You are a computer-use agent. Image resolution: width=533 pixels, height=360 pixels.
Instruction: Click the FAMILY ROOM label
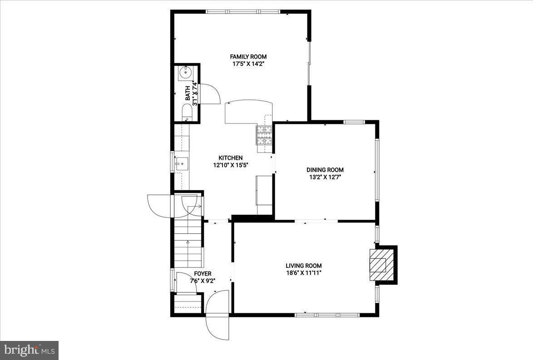tap(248, 57)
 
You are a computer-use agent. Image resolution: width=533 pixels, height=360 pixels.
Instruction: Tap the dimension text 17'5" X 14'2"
tap(248, 64)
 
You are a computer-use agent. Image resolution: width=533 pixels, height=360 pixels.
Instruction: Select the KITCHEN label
tap(231, 158)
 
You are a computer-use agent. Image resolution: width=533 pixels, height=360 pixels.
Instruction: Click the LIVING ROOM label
tap(303, 266)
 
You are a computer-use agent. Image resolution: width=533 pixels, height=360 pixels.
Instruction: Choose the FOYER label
tap(202, 273)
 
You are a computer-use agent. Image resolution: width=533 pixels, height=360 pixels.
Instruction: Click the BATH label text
tap(188, 94)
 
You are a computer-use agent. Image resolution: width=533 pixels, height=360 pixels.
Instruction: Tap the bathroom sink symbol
tap(185, 72)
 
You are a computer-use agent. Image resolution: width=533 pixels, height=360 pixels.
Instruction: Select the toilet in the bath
tap(187, 113)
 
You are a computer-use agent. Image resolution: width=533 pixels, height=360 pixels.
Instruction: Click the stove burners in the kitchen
tap(265, 135)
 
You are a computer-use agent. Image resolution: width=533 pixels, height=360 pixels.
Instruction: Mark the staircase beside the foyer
tap(188, 243)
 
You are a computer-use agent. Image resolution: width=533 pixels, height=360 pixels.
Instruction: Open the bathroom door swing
tap(209, 94)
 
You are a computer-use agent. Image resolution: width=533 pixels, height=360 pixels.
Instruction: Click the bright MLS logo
tap(29, 350)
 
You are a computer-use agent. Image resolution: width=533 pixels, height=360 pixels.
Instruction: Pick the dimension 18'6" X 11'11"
tap(303, 273)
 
